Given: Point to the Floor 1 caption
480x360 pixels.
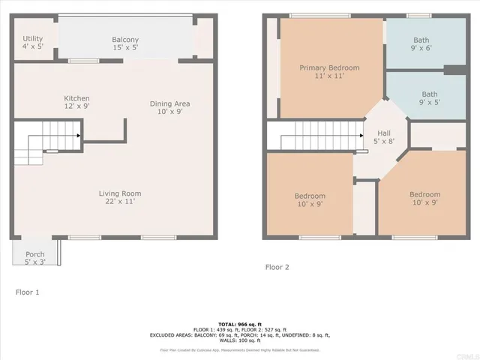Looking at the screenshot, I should coord(27,291).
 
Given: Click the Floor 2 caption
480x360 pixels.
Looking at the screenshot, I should coord(277,267).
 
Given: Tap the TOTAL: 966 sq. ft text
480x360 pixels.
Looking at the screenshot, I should coord(240,323).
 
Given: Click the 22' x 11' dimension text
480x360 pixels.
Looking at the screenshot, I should coord(120,202).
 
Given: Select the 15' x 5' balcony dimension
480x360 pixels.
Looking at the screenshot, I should coord(125,48).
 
